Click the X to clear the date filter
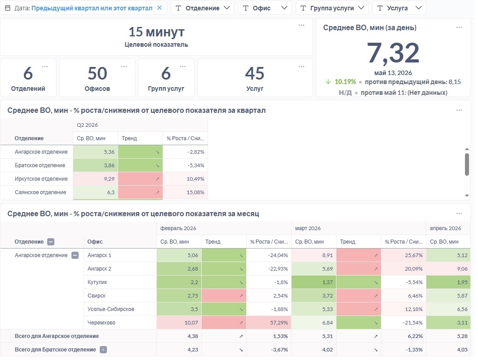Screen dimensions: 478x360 [x=159, y=8]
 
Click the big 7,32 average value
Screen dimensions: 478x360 [x=393, y=53]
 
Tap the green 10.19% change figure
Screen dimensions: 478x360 [x=345, y=82]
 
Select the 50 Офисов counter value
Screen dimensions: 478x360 [x=97, y=73]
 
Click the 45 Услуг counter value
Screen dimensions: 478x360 [x=255, y=73]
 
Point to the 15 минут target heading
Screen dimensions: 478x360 [x=156, y=32]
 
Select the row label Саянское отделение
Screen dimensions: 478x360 [x=40, y=192]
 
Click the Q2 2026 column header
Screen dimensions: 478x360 [x=87, y=125]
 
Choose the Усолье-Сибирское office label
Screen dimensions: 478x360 [x=111, y=309]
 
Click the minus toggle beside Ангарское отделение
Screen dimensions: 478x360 [x=75, y=255]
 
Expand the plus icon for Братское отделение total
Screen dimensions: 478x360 [x=103, y=350]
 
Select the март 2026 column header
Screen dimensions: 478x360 [x=308, y=228]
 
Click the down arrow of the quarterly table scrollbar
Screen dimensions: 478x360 [x=467, y=196]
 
